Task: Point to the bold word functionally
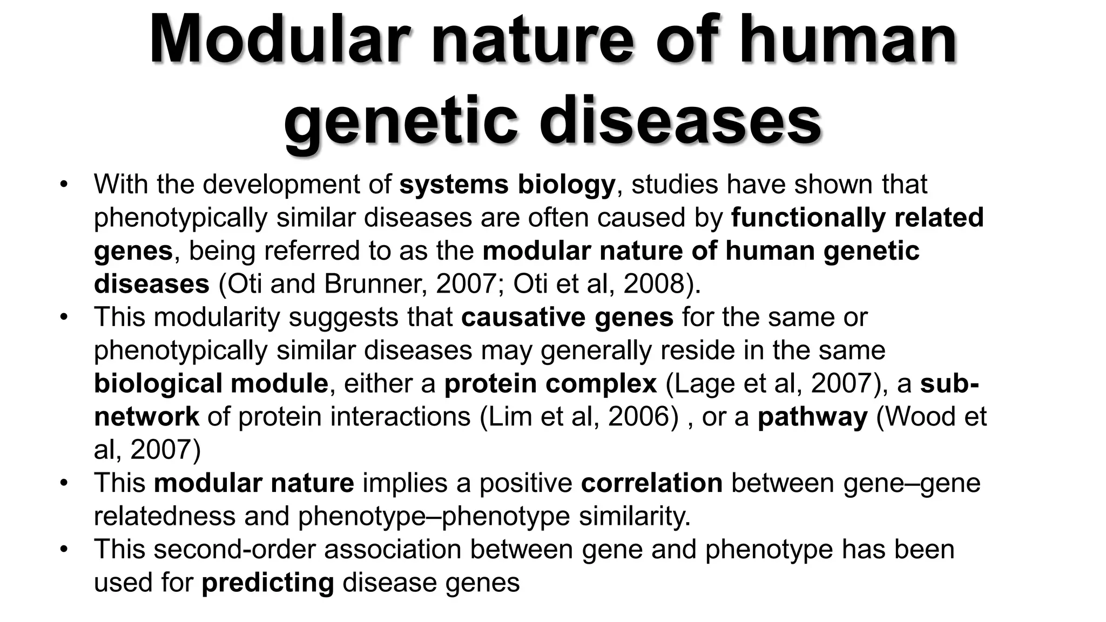(x=808, y=218)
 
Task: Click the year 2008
(x=655, y=284)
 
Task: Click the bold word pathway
(x=812, y=417)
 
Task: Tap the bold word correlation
(x=651, y=483)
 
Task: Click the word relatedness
(x=164, y=517)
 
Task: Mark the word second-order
(x=234, y=550)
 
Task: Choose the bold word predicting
(x=268, y=583)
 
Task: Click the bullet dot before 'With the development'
(x=65, y=185)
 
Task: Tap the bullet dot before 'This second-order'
(x=65, y=550)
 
